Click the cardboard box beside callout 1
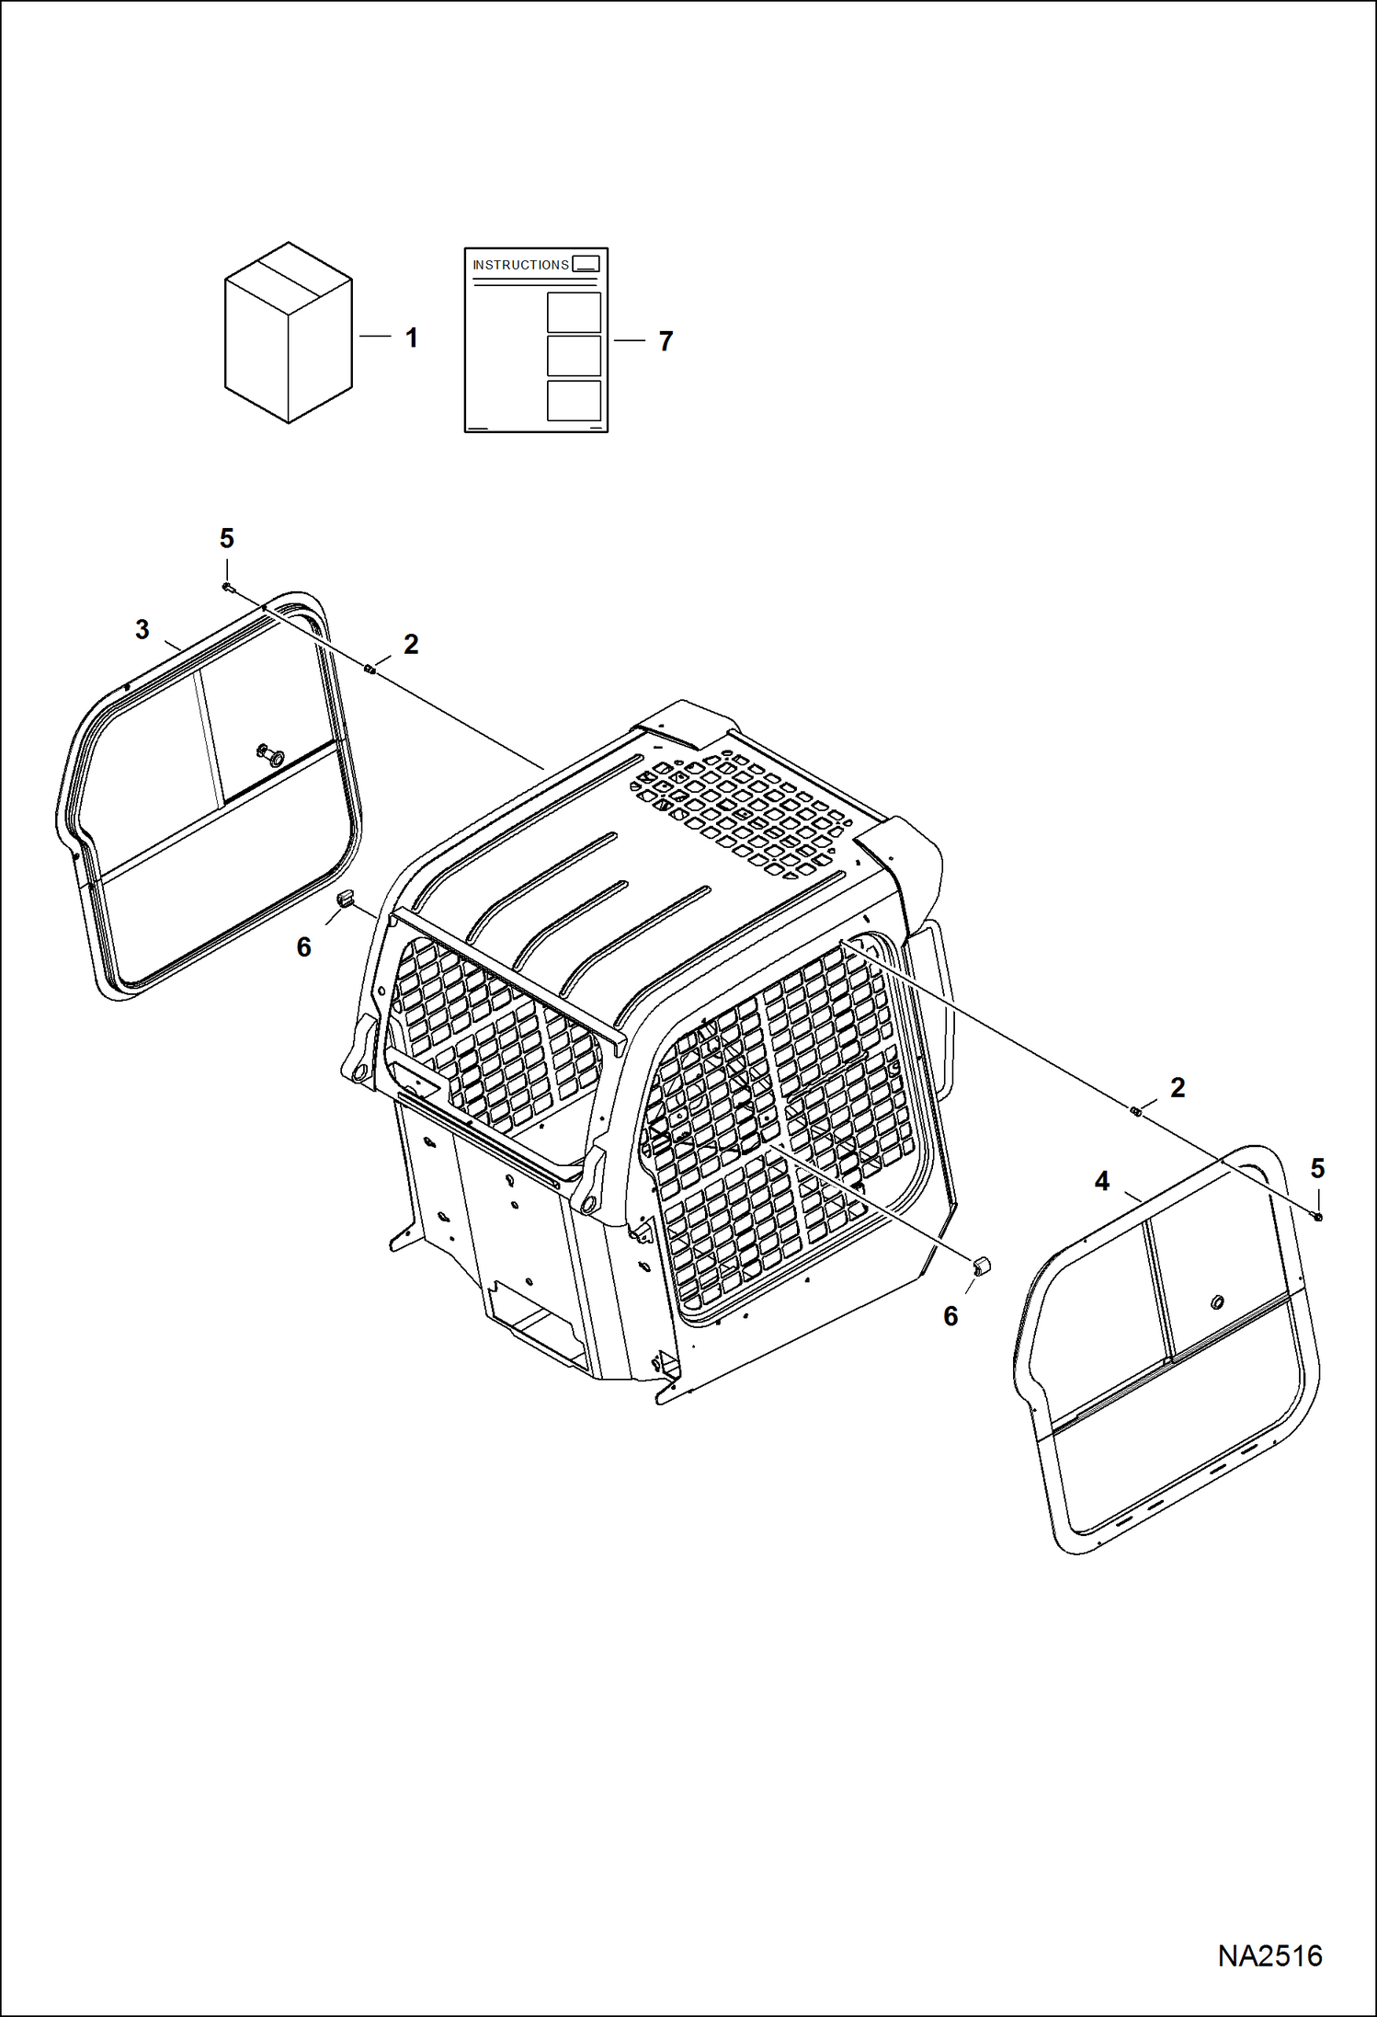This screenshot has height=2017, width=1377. coord(288,333)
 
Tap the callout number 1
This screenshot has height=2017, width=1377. coord(412,338)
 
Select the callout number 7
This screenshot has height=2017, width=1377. coord(666,341)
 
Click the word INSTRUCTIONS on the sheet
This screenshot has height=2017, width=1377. coord(520,265)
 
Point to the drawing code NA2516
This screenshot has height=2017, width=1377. coord(1269,1955)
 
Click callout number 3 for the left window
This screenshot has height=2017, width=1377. coord(142,630)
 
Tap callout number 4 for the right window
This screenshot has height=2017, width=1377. coord(1102,1182)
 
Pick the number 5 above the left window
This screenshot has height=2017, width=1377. coord(227,539)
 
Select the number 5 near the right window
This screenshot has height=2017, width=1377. coord(1317,1169)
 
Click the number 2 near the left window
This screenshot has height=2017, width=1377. coord(411,645)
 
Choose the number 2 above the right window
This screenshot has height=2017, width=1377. coord(1178,1088)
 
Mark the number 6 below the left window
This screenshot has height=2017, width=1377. coord(304,947)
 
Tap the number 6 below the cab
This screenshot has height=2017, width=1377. coord(951,1316)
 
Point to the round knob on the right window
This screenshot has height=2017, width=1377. coord(1217,1301)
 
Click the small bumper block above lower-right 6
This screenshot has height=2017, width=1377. coord(981,1267)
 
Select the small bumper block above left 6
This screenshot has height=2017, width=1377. coord(346,897)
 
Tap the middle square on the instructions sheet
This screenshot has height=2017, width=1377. coord(574,356)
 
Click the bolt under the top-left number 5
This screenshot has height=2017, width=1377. coord(228,587)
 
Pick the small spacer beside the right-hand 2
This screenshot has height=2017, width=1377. coord(1136,1113)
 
